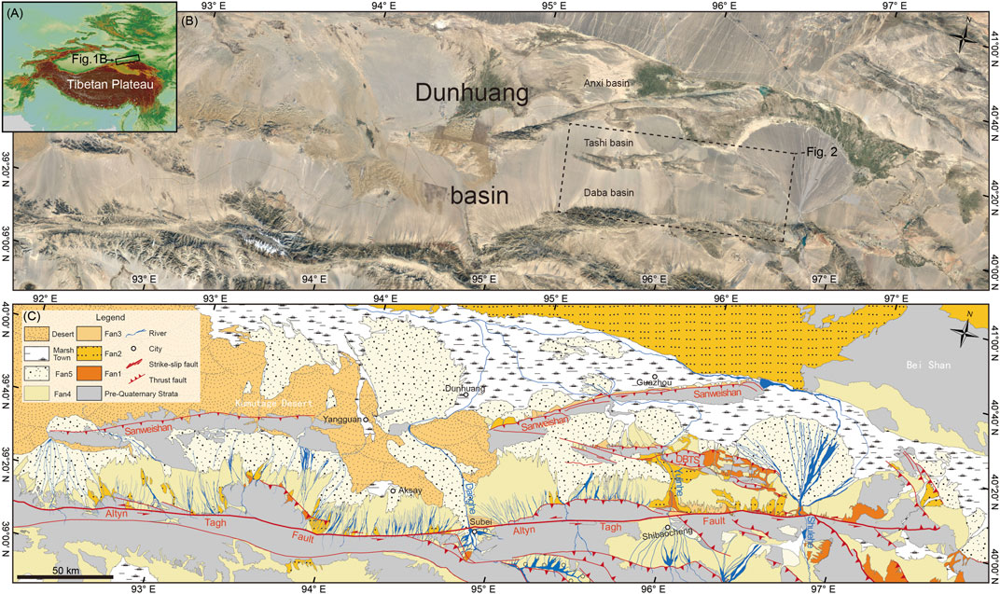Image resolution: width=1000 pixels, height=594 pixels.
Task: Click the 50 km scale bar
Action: [x=62, y=578]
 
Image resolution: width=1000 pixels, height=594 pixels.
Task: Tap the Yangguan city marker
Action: [x=366, y=420]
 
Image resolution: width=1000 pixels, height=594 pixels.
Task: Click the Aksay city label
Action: [x=414, y=490]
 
